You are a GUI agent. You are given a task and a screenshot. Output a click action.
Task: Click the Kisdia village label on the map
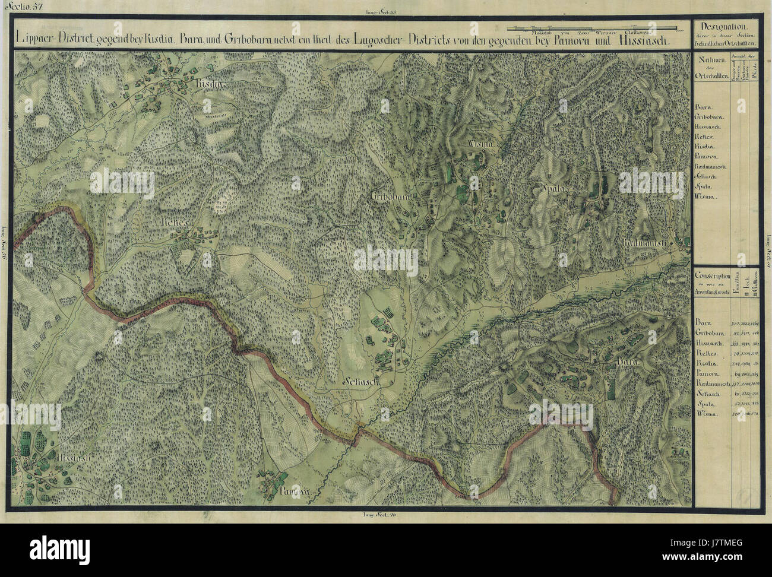[208, 85]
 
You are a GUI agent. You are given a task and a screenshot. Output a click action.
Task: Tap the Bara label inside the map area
[629, 360]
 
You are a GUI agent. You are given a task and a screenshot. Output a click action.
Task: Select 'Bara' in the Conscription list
[703, 322]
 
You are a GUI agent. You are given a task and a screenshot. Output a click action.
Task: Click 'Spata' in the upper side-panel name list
[704, 186]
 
